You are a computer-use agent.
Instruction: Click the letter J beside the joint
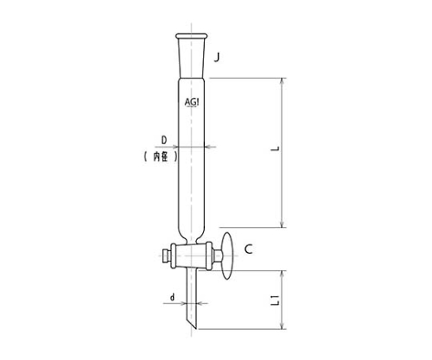[x=217, y=58]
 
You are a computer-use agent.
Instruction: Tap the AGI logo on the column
[x=192, y=102]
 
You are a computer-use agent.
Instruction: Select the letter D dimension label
[x=164, y=141]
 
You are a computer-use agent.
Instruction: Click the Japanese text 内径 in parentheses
[x=161, y=156]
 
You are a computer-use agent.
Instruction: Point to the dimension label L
[x=276, y=148]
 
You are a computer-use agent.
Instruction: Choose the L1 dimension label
[x=276, y=300]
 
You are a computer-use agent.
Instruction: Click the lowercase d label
[x=172, y=297]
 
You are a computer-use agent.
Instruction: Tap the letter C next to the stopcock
[x=248, y=249]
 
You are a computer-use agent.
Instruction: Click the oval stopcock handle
[x=227, y=256]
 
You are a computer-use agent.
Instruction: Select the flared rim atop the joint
[x=191, y=36]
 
